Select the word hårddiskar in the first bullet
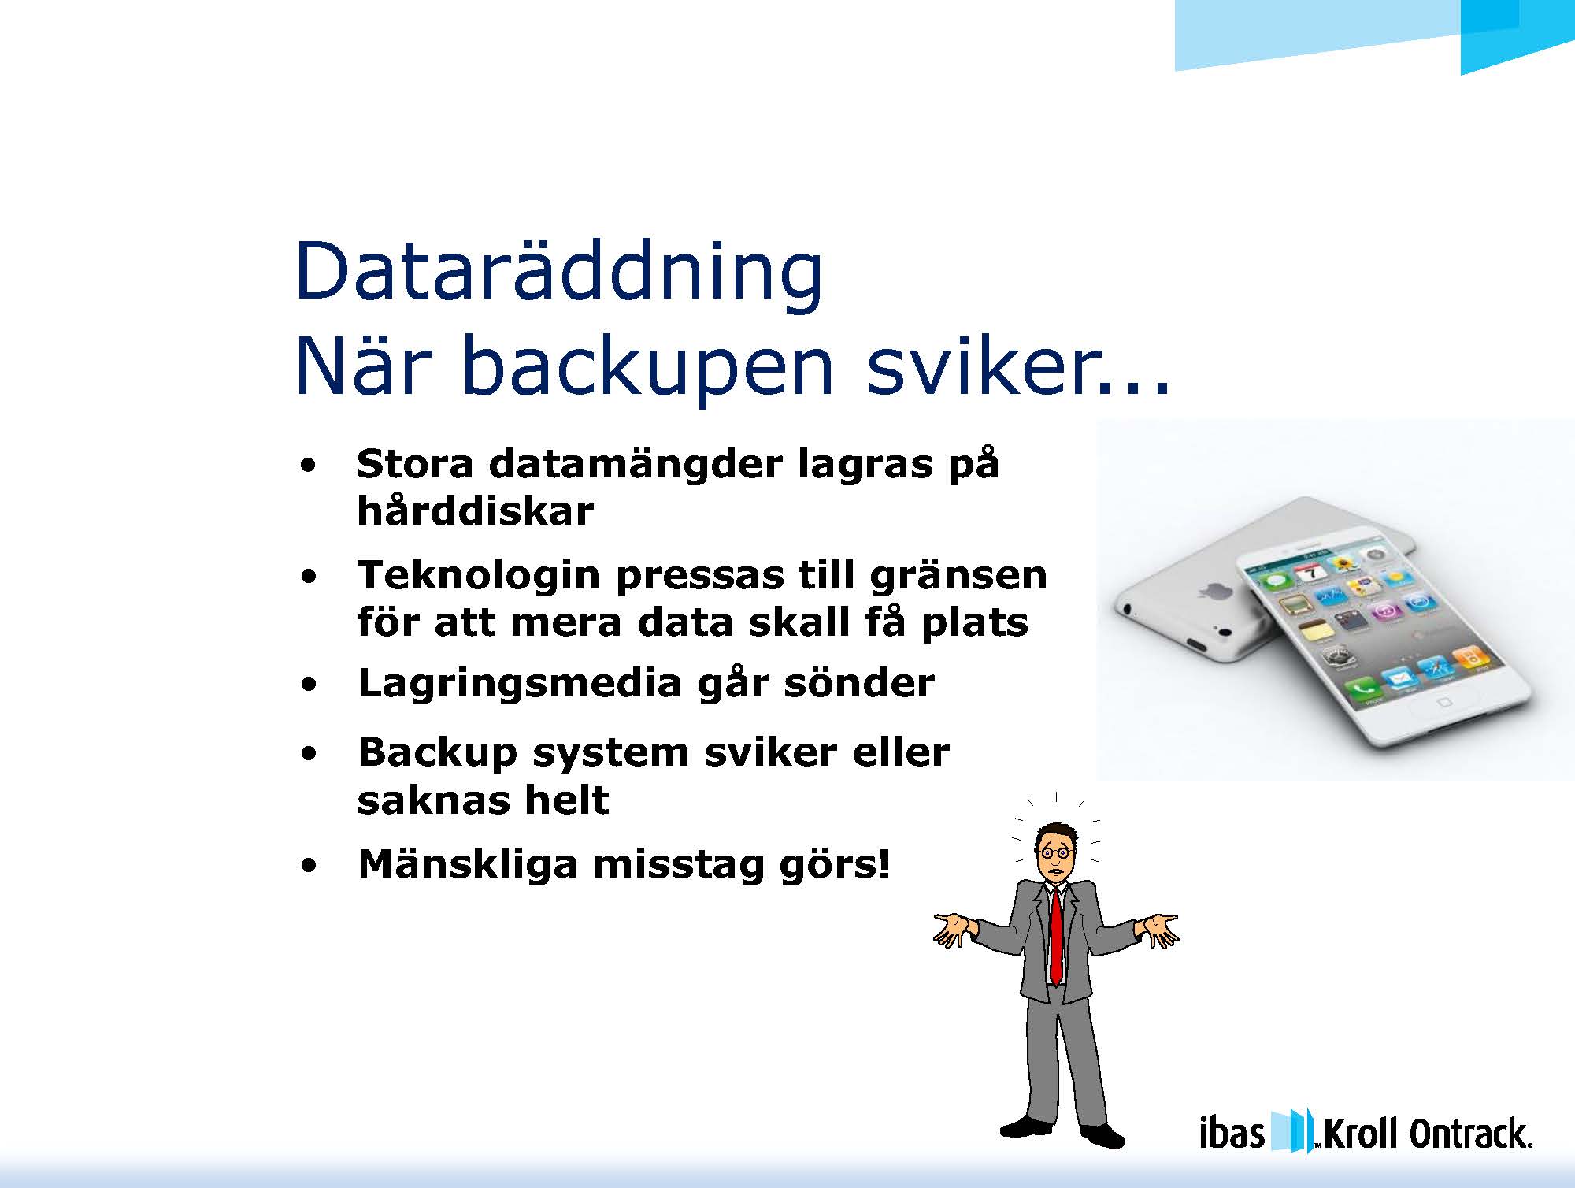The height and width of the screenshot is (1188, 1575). pos(475,511)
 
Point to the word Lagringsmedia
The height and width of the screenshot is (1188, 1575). pos(519,684)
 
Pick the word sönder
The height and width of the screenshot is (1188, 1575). pos(859,682)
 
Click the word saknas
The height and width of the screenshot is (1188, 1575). pos(432,800)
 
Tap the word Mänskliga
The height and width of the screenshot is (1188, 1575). pos(468,863)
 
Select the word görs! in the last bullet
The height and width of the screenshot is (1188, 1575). pos(834,865)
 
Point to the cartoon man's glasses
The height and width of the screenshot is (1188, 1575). pos(1056,852)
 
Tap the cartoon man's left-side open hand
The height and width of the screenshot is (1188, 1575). pos(953,929)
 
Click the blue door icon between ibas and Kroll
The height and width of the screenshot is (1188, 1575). pos(1291,1130)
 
